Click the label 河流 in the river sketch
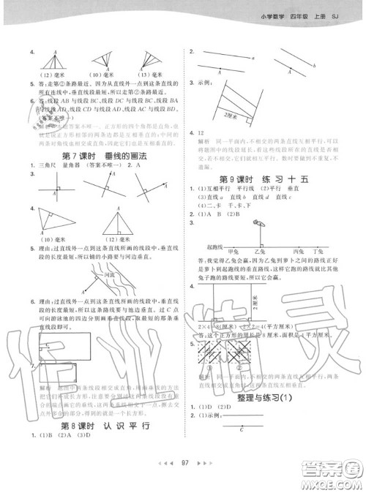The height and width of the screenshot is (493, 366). click(x=111, y=276)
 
